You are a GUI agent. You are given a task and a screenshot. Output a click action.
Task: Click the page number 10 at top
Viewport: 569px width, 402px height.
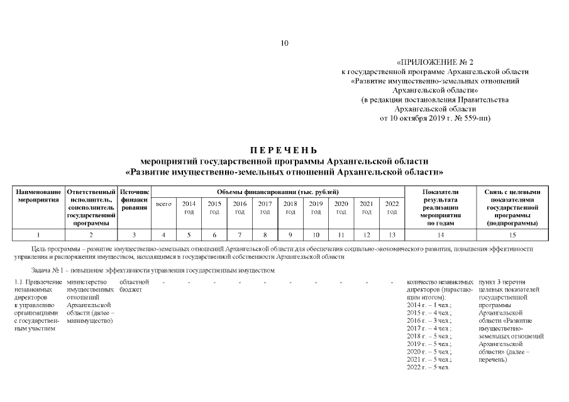click(x=284, y=43)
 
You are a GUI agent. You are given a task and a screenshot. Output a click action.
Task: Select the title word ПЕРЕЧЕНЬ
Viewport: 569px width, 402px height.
click(x=284, y=150)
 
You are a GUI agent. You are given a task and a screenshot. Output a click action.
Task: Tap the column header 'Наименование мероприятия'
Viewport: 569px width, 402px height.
click(x=38, y=195)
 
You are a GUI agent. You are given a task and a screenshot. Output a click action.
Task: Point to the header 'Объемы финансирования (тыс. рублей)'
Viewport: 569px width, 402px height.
click(x=278, y=191)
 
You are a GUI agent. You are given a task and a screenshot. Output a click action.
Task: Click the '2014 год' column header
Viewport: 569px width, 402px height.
click(x=189, y=207)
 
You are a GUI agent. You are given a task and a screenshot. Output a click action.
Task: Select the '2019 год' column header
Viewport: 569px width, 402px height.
click(x=316, y=207)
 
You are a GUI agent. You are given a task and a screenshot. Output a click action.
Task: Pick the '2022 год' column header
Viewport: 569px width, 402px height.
click(x=392, y=207)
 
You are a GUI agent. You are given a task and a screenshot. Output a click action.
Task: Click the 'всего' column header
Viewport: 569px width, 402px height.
click(x=163, y=204)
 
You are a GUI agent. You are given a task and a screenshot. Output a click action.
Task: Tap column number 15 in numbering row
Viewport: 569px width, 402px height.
click(x=512, y=235)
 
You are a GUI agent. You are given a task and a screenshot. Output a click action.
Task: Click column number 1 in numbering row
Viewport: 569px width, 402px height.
click(x=38, y=235)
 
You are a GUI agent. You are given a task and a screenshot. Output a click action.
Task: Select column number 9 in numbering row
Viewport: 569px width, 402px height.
click(x=290, y=235)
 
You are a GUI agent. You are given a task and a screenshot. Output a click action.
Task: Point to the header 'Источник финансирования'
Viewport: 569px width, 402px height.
click(x=135, y=200)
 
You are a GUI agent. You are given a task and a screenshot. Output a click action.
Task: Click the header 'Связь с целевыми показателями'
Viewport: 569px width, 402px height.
click(x=512, y=195)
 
